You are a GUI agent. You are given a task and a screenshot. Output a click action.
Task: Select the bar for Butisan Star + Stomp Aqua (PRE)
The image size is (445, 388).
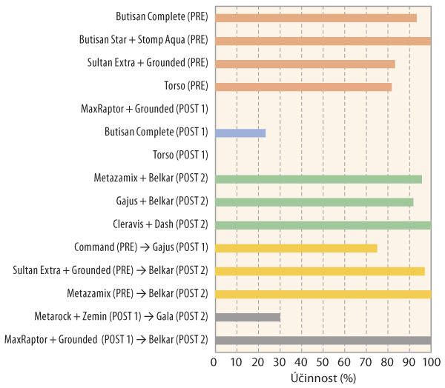point(322,41)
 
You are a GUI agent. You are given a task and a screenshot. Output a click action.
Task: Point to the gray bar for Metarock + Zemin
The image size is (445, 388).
point(247,317)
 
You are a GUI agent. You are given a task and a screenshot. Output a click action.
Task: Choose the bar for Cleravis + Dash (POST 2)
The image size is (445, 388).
point(322,225)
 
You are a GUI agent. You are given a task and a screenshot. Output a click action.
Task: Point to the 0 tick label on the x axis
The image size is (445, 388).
point(214,362)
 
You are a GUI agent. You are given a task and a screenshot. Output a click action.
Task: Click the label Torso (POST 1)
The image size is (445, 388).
point(180,155)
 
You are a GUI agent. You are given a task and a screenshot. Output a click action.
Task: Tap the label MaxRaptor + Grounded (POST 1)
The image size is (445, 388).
point(145,110)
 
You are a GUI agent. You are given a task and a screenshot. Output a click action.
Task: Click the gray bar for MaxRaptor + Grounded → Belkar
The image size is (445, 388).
point(322,340)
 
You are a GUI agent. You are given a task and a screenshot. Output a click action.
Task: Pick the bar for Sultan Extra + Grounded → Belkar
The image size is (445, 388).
point(319,271)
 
